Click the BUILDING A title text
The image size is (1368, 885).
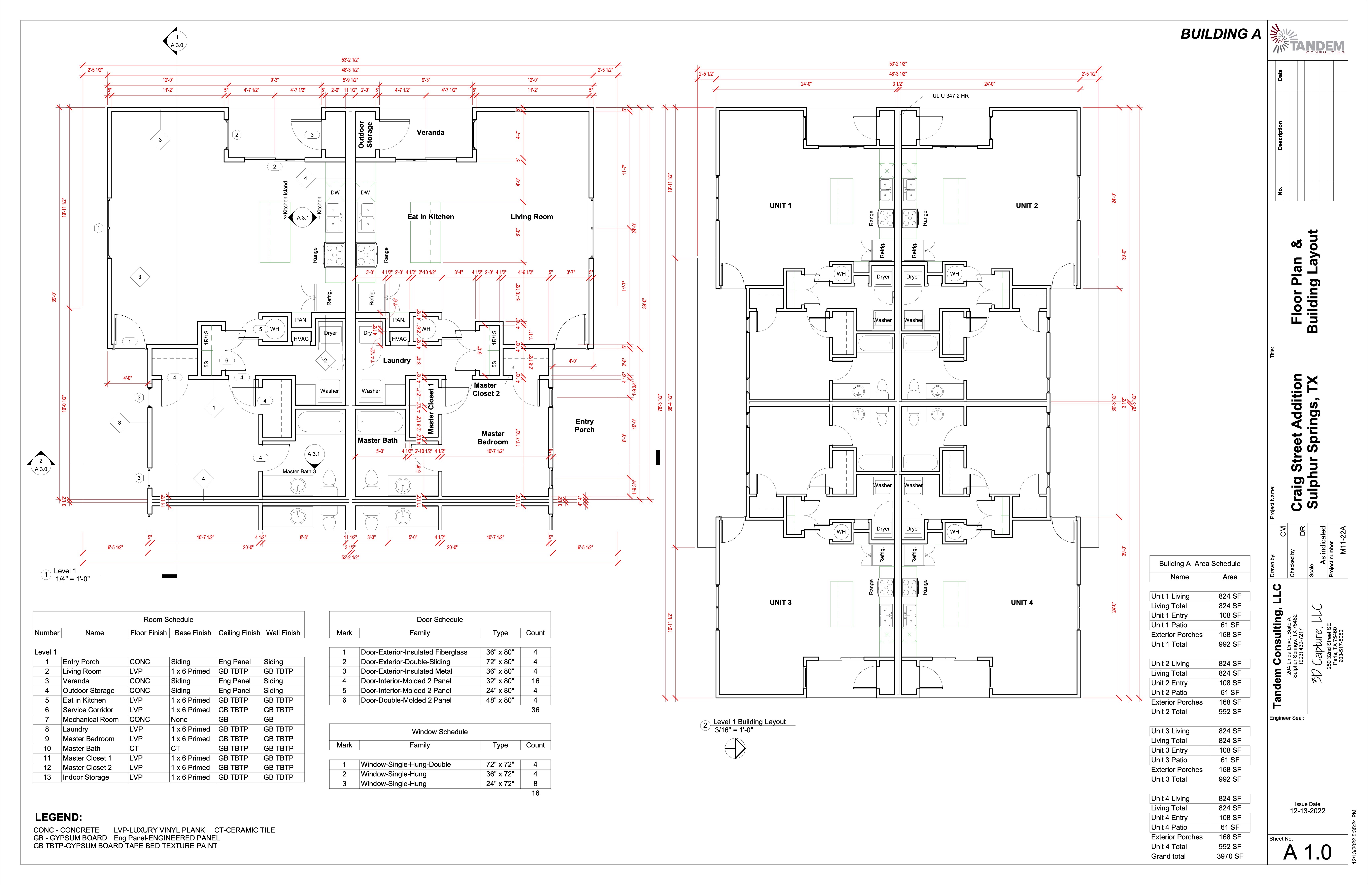(x=1220, y=34)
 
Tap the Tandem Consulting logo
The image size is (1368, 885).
(x=1307, y=39)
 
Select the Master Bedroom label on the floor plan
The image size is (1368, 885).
(x=493, y=438)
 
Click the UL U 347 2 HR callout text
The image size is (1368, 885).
(x=950, y=96)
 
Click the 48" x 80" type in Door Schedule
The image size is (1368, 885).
(x=500, y=700)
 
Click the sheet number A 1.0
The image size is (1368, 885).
(x=1307, y=852)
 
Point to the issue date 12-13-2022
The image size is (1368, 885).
(x=1307, y=811)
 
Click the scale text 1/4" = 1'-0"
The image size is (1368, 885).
(x=72, y=579)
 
